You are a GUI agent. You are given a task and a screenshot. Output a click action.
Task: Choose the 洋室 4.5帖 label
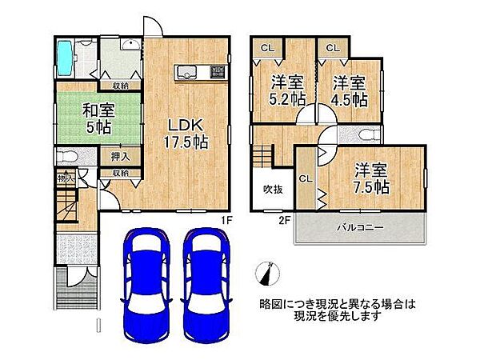click(x=350, y=90)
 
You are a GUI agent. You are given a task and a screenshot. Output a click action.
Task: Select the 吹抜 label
click(x=273, y=189)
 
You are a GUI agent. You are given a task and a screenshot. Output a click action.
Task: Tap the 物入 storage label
click(x=63, y=178)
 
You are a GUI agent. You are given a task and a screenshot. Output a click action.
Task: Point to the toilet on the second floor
click(x=366, y=134)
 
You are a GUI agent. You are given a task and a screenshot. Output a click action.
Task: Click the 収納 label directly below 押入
click(x=120, y=172)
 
